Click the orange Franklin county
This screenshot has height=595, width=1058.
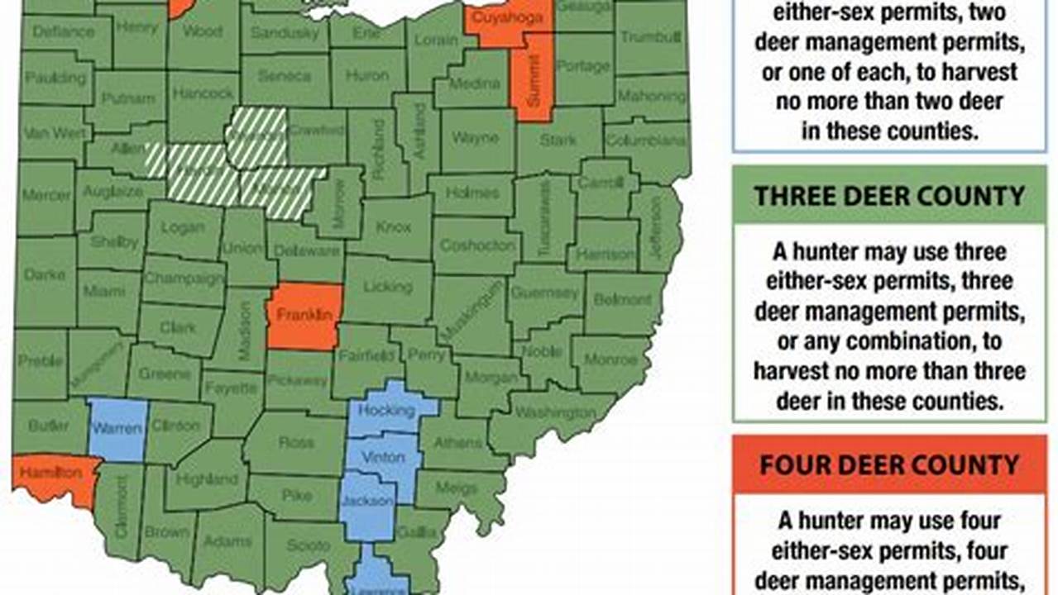click(x=304, y=316)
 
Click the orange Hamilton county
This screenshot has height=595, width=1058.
click(x=56, y=474)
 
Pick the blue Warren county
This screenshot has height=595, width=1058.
click(x=118, y=428)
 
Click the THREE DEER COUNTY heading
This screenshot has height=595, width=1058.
click(x=889, y=197)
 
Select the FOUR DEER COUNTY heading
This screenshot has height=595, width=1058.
click(x=889, y=464)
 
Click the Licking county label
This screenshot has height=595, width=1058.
click(x=387, y=288)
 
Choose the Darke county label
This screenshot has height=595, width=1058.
click(x=45, y=274)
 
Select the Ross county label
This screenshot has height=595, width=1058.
click(x=296, y=443)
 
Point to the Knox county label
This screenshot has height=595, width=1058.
click(x=393, y=226)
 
